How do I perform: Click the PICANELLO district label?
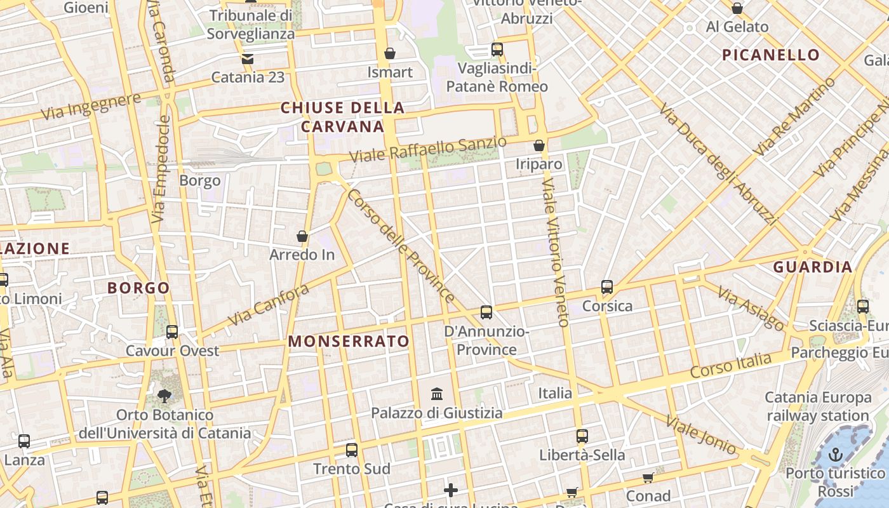[771, 55]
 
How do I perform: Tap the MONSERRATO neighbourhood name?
[349, 342]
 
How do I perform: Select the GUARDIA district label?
[813, 267]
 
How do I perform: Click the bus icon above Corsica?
[607, 287]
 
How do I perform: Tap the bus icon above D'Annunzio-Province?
[486, 312]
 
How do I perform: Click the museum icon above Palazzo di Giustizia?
[437, 394]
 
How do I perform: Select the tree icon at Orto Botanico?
[164, 396]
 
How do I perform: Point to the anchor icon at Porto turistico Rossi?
[836, 455]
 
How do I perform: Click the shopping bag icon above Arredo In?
[302, 237]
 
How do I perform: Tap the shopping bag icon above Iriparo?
[539, 146]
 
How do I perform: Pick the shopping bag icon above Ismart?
[390, 53]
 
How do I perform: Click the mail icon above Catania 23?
[247, 59]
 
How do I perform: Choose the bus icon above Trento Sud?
[352, 450]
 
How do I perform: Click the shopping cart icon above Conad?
[648, 478]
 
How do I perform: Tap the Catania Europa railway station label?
[818, 407]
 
